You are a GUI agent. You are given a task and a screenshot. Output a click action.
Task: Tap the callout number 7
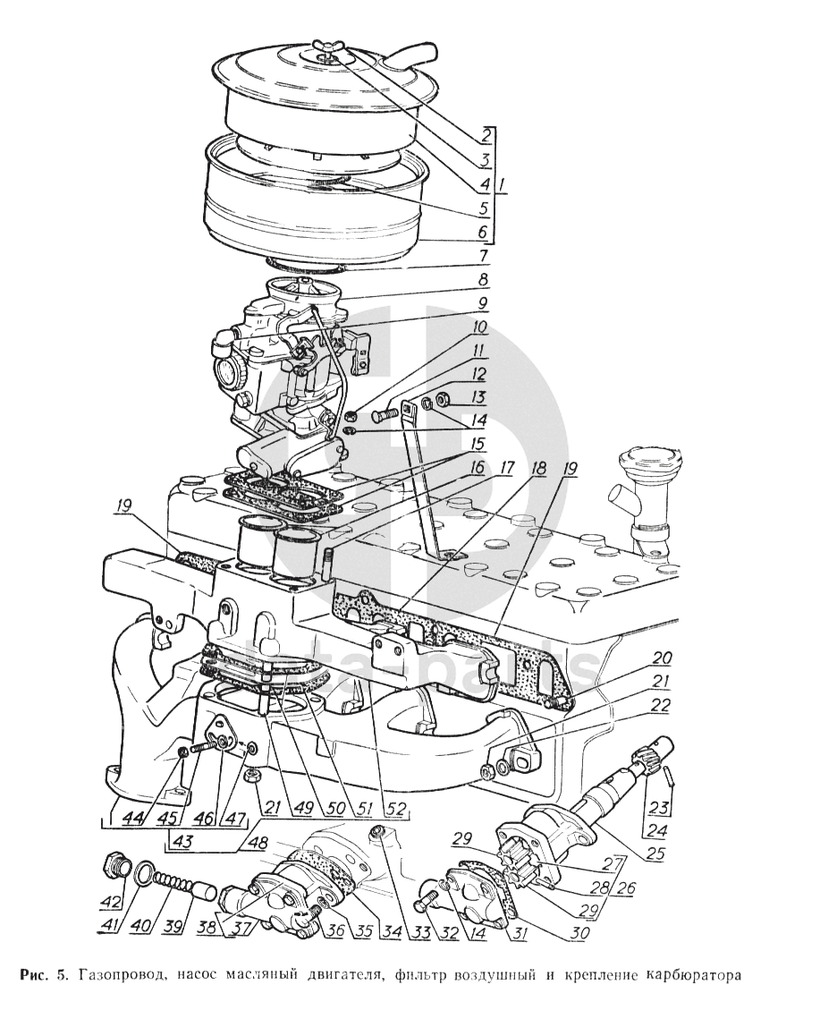[484, 258]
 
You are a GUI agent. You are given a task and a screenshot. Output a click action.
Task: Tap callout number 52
[396, 809]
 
